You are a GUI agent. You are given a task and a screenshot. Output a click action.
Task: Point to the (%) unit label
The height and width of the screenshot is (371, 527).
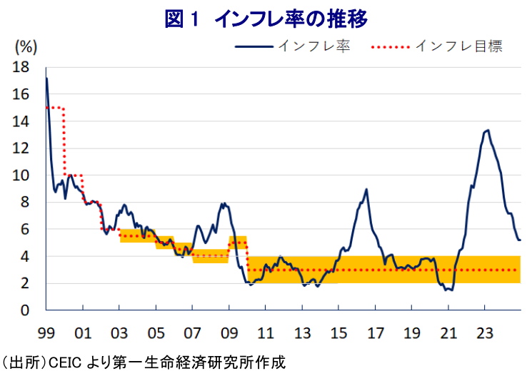(x=26, y=47)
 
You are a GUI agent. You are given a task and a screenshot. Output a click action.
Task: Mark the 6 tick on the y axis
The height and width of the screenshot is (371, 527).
(x=25, y=230)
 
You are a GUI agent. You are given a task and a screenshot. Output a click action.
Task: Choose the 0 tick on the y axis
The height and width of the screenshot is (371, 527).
(x=25, y=310)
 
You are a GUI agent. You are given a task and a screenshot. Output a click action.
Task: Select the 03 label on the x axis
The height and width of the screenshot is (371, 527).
(x=119, y=332)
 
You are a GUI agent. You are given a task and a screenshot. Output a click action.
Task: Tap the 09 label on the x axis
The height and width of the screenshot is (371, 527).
(x=229, y=332)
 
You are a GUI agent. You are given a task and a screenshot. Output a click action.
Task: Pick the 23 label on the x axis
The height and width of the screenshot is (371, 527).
(x=485, y=332)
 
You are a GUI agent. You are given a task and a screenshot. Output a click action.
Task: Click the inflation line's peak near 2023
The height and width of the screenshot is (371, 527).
(x=487, y=130)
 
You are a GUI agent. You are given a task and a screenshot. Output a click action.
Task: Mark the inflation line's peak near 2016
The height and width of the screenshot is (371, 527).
(x=366, y=190)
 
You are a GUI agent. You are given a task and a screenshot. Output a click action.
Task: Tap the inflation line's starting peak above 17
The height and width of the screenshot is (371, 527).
(x=46, y=78)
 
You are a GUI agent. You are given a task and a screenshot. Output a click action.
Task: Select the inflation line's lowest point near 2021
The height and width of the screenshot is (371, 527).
(x=451, y=290)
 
